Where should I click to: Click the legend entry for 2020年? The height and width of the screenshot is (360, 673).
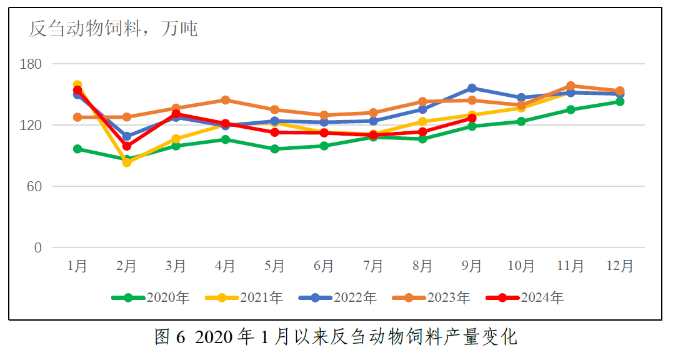pyautogui.click(x=150, y=297)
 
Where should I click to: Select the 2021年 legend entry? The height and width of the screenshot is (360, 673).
pyautogui.click(x=244, y=297)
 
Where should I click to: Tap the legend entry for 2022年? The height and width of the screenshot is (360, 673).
pyautogui.click(x=337, y=297)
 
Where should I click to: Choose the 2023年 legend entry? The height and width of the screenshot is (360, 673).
pyautogui.click(x=431, y=297)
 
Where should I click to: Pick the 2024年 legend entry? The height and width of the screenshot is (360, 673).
pyautogui.click(x=525, y=297)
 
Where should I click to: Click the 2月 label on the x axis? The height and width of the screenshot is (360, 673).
pyautogui.click(x=127, y=266)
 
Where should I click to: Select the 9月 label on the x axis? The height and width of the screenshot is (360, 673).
pyautogui.click(x=472, y=266)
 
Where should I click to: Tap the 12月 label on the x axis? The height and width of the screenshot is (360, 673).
pyautogui.click(x=619, y=266)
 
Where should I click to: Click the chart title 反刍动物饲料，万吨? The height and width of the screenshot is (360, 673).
pyautogui.click(x=113, y=28)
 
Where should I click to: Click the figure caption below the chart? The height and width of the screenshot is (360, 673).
pyautogui.click(x=336, y=337)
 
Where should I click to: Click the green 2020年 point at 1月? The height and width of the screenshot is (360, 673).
pyautogui.click(x=77, y=149)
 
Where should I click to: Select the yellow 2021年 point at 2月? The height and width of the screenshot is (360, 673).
pyautogui.click(x=127, y=162)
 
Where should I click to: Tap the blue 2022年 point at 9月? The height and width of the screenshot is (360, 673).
pyautogui.click(x=472, y=88)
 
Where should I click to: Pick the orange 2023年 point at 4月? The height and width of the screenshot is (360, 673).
pyautogui.click(x=225, y=100)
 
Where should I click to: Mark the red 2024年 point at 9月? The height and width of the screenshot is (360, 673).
pyautogui.click(x=472, y=118)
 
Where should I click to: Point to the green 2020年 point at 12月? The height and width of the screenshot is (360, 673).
pyautogui.click(x=620, y=101)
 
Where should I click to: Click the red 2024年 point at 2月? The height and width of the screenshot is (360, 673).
pyautogui.click(x=127, y=146)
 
